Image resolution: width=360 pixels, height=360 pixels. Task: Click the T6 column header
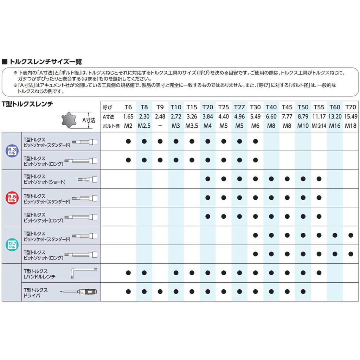(128, 107)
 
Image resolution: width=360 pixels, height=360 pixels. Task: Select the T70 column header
(351, 107)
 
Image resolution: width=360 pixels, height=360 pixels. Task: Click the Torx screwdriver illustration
(79, 291)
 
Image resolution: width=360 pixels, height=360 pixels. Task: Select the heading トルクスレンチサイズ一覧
(46, 62)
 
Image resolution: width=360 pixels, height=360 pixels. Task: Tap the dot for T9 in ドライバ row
(160, 291)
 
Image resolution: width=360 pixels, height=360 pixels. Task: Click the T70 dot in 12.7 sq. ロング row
(351, 254)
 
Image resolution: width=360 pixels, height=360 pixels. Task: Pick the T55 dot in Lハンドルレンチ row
(319, 272)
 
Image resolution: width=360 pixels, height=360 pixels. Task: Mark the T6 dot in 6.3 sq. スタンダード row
(128, 141)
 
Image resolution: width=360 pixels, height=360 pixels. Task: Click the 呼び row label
(106, 107)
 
